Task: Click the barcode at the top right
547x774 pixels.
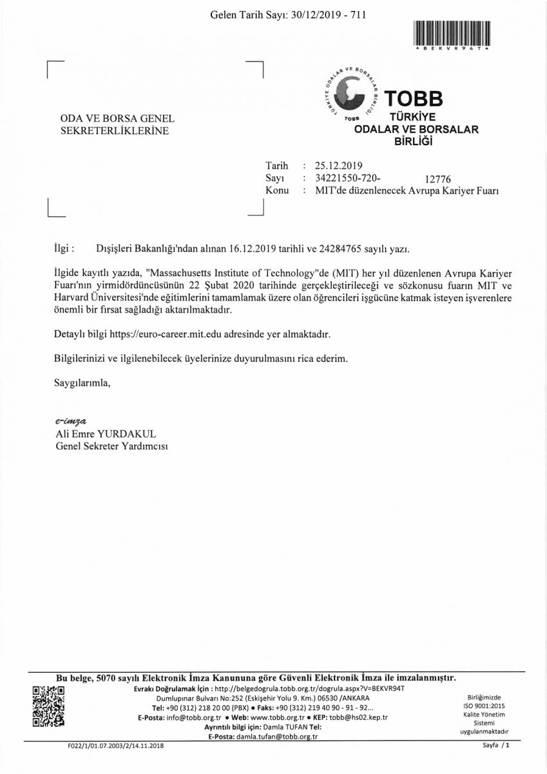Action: pyautogui.click(x=452, y=33)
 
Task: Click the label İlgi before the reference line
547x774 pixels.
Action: pyautogui.click(x=65, y=248)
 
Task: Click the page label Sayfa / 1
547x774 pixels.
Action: pyautogui.click(x=496, y=746)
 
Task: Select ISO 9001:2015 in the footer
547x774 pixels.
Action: pyautogui.click(x=485, y=706)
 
